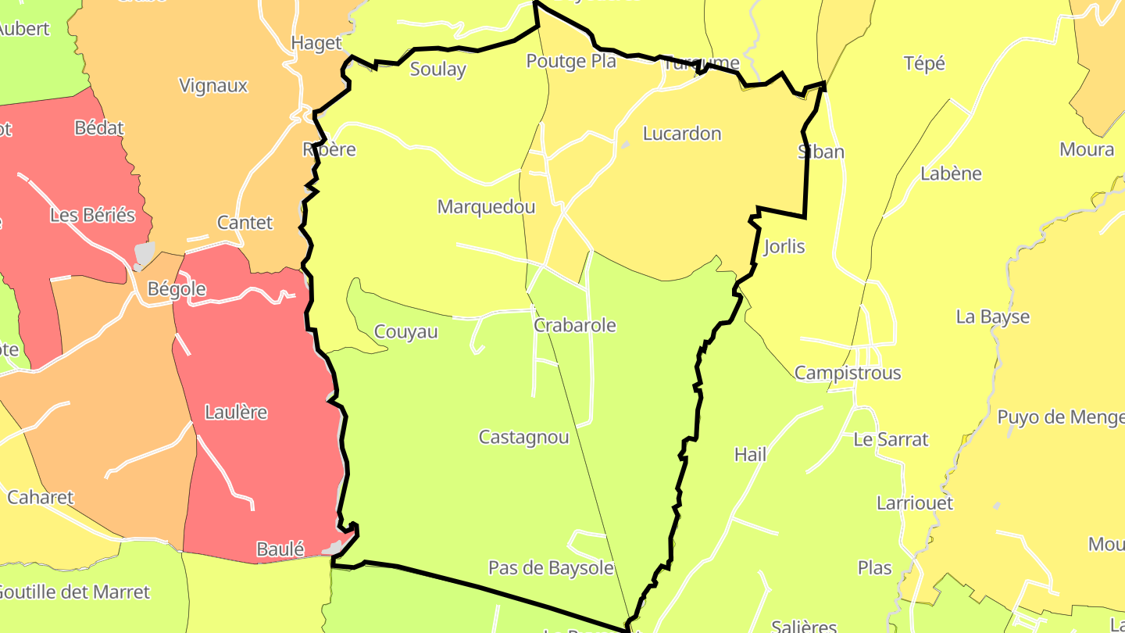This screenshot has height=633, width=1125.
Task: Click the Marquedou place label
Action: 486,207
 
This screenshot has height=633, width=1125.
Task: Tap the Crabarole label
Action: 574,325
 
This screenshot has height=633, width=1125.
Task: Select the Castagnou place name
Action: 523,437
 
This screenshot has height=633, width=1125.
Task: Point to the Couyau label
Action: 405,332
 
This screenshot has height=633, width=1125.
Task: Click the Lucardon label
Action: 681,134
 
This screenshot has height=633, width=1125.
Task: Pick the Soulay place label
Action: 437,69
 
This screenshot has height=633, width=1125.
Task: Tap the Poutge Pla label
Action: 570,61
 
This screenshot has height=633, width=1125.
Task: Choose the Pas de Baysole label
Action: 551,568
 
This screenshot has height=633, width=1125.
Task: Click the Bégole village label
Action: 177,289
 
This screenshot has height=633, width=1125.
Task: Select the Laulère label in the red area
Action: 235,412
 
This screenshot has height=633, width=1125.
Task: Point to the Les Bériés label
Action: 92,215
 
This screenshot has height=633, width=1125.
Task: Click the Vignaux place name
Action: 212,86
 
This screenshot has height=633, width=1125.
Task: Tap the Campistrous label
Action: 847,373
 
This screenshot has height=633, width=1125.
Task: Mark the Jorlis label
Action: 784,247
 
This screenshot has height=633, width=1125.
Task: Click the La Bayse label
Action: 992,316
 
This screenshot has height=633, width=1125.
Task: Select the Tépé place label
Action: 923,63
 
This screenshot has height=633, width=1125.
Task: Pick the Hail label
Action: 750,454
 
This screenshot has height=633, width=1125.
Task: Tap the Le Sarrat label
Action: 890,439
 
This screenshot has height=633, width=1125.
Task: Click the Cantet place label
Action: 245,223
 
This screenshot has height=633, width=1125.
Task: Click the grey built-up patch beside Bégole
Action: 145,255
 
